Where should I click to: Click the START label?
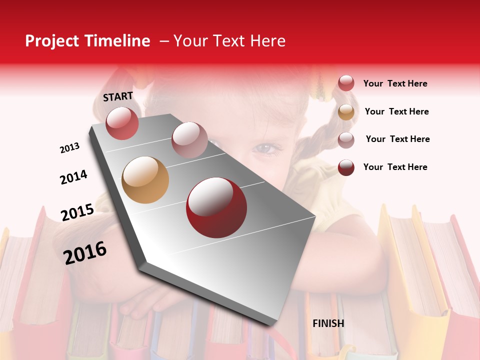[118, 96]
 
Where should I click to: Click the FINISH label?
[328, 323]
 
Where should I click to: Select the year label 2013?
[69, 148]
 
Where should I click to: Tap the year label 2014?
[73, 177]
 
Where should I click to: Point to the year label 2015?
[77, 212]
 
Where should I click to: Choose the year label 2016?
[85, 252]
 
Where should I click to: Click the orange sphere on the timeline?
[145, 180]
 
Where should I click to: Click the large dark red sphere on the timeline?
[216, 207]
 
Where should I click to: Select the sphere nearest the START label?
[122, 123]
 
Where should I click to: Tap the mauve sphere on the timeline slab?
[189, 140]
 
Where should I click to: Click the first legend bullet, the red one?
[346, 83]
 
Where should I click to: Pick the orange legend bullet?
[346, 112]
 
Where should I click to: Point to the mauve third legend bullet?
[346, 139]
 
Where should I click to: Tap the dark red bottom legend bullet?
[346, 167]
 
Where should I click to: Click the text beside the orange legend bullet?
[396, 111]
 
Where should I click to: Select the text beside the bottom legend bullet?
[395, 167]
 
